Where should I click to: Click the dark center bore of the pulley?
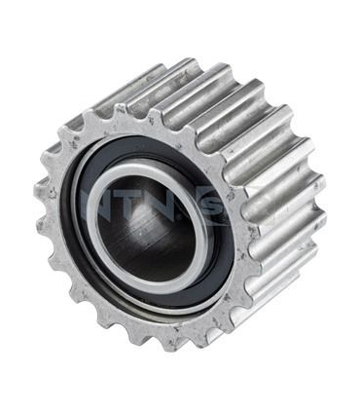(156, 229)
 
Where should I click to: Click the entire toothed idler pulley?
(180, 205)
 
